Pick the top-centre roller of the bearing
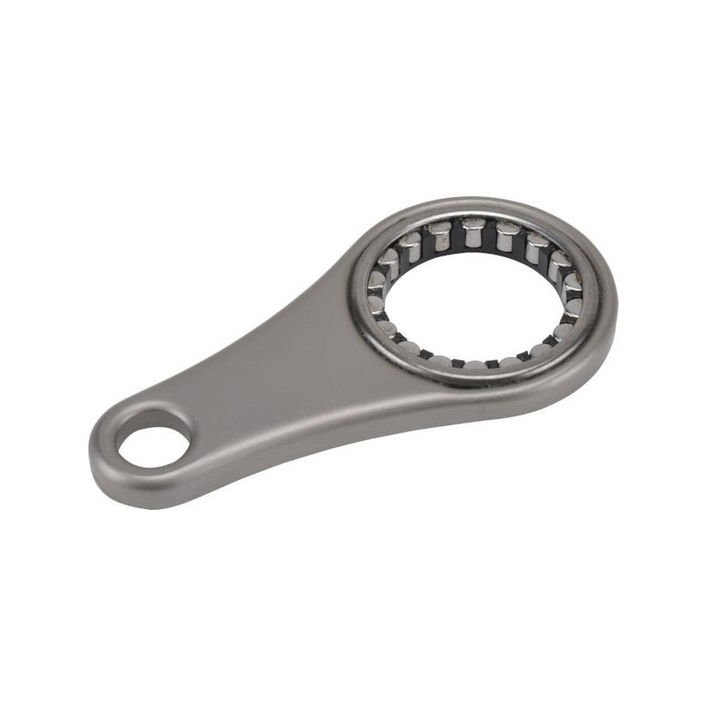(x=472, y=233)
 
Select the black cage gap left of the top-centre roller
(x=456, y=234)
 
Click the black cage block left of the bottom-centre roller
(x=461, y=362)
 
